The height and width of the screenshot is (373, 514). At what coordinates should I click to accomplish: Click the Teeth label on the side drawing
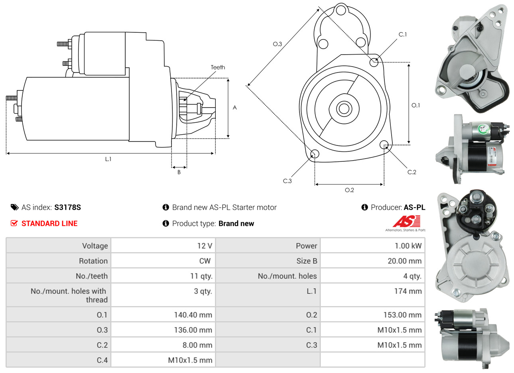point(218,67)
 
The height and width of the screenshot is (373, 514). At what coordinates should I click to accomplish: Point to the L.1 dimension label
point(108,159)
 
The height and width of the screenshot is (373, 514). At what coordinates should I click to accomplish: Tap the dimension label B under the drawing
point(179,172)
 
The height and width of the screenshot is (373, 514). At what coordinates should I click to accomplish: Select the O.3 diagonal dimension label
point(277,44)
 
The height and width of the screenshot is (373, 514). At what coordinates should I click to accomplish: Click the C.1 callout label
point(403,35)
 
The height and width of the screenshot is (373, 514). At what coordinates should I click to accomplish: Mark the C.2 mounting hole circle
point(384,144)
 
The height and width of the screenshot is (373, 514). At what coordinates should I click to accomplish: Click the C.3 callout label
point(287,181)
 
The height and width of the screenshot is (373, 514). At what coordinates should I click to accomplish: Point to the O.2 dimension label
point(349,190)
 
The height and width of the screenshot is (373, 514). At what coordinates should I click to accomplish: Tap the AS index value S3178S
point(67,207)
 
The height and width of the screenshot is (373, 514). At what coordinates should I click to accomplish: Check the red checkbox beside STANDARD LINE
point(14,223)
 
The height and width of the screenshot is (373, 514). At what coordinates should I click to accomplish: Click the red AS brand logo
point(407,222)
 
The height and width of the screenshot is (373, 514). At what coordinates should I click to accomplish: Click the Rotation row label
point(93,261)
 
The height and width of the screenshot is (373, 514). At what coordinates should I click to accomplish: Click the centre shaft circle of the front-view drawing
point(343,108)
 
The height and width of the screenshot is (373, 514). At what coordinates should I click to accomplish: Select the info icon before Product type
point(166,224)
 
